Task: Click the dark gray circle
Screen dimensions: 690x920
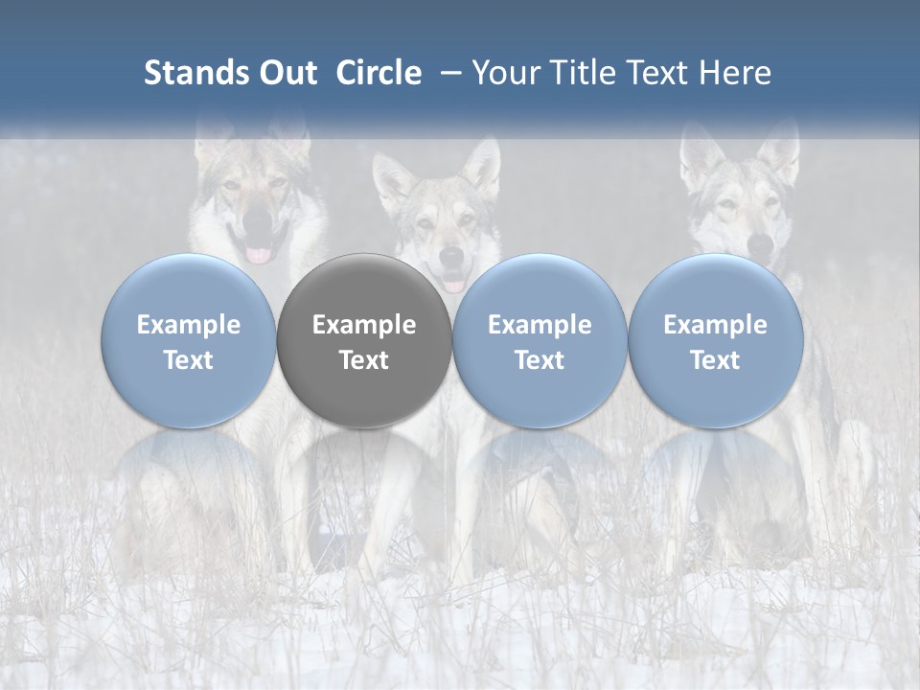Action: (364, 340)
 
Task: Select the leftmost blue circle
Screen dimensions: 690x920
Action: (189, 340)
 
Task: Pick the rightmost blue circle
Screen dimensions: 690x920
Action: (715, 340)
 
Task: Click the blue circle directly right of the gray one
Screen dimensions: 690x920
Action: (540, 340)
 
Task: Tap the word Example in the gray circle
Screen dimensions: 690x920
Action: (364, 325)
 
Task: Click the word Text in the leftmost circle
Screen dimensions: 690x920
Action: (189, 360)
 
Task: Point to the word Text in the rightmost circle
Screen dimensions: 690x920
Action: (715, 360)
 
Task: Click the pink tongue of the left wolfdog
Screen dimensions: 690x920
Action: (259, 255)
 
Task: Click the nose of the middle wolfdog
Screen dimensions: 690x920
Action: (451, 256)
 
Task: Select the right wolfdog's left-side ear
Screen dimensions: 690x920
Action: (701, 153)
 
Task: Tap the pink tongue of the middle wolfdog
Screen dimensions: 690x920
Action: (453, 284)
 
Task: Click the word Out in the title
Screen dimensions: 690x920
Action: (286, 73)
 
